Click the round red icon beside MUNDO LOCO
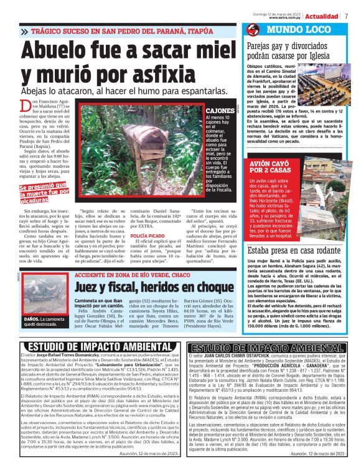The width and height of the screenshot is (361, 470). pos(252,30)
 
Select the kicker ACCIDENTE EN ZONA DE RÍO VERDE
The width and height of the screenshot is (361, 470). pos(141,274)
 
